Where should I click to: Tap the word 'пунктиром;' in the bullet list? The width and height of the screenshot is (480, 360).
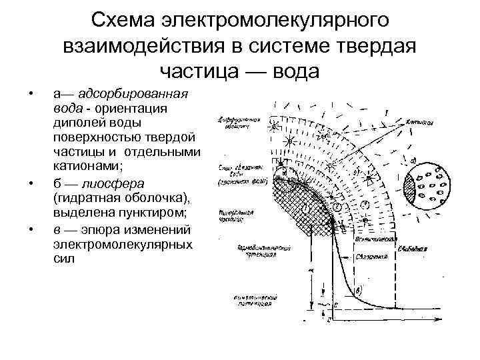pyautogui.click(x=155, y=213)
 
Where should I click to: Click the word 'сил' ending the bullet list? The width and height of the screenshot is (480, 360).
pyautogui.click(x=59, y=259)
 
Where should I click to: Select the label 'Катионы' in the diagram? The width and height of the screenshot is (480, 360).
pyautogui.click(x=419, y=123)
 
